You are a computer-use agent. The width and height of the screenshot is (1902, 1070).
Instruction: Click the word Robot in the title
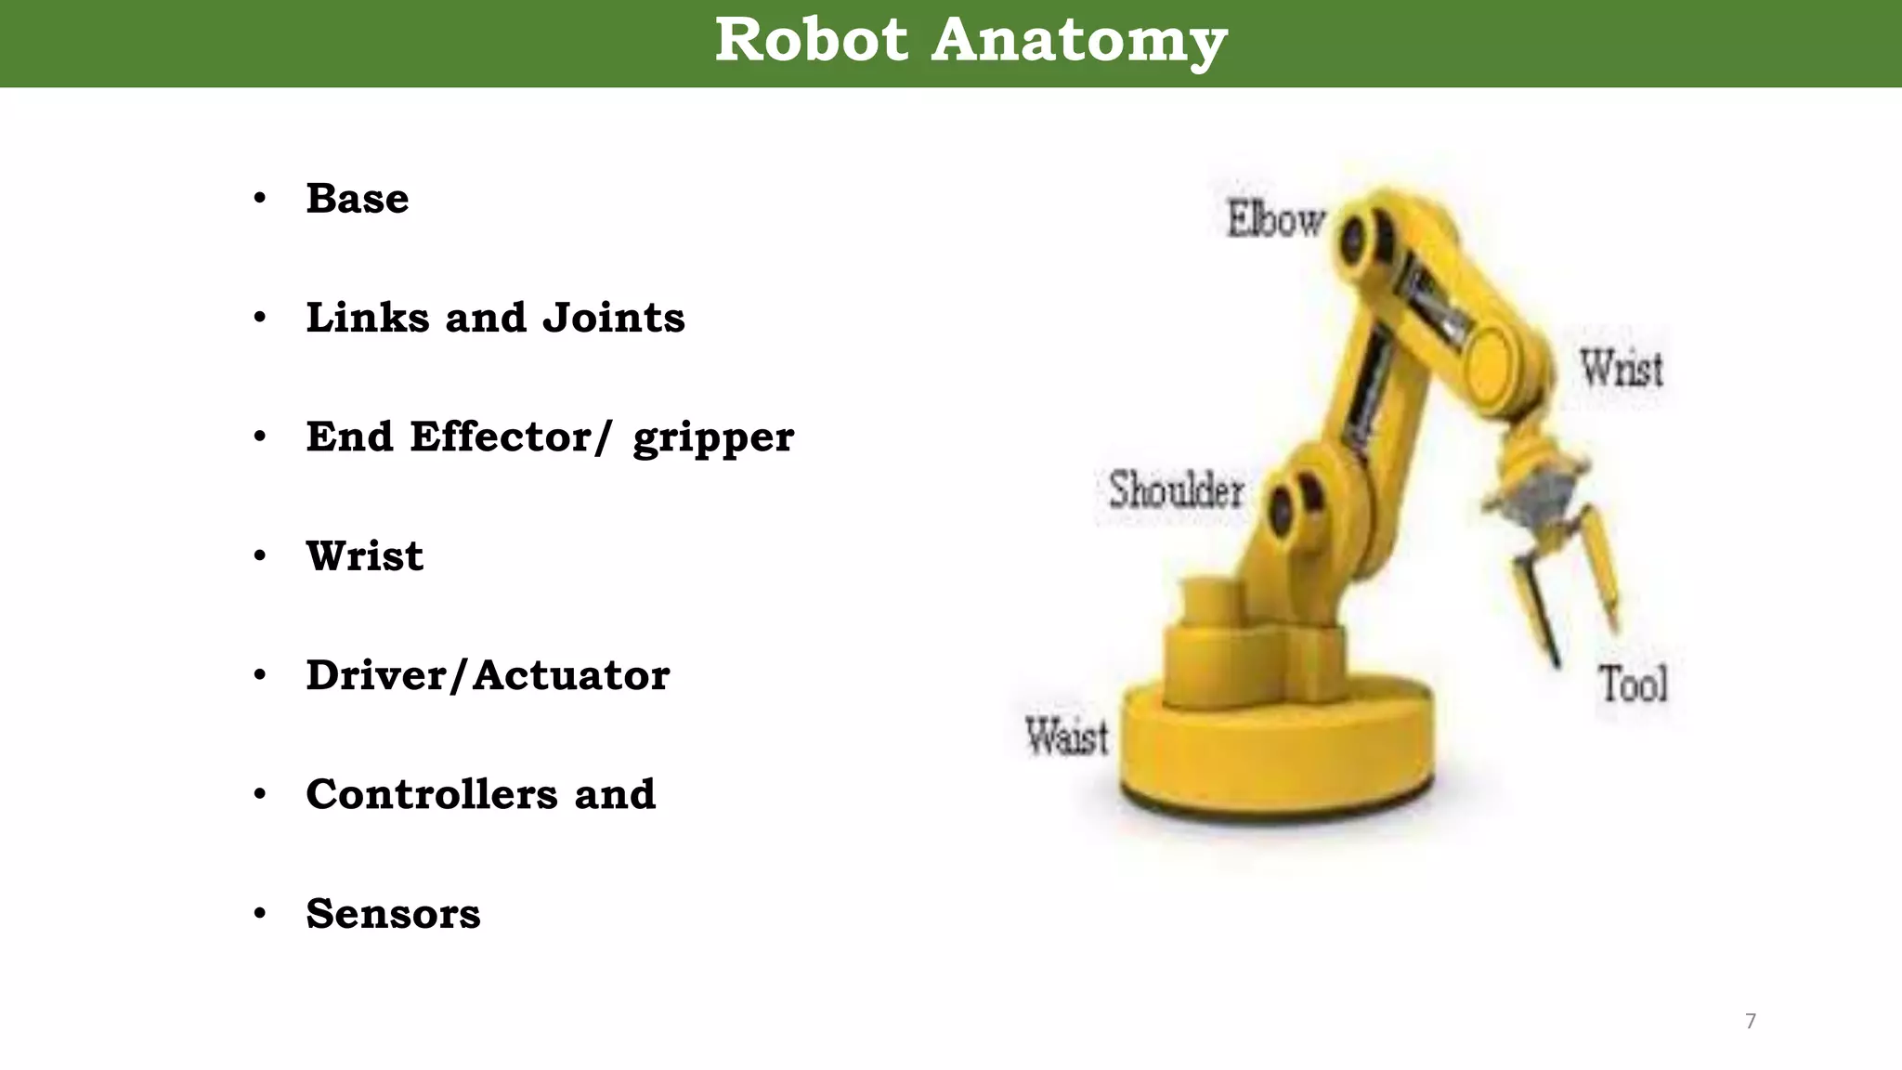(811, 41)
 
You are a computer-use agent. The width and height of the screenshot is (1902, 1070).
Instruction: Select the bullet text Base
(358, 199)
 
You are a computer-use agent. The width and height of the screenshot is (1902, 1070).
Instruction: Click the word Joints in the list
(614, 318)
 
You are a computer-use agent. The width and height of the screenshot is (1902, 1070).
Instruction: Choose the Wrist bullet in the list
(365, 556)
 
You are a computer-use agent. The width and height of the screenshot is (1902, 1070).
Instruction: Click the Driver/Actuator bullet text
(488, 675)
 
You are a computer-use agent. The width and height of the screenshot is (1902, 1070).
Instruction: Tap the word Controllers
(432, 794)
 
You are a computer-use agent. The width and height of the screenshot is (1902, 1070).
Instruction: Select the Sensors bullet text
(393, 914)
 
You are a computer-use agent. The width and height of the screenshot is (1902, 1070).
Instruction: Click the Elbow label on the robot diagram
(1275, 220)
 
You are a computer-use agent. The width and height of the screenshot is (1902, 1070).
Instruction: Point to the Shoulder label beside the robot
(1177, 490)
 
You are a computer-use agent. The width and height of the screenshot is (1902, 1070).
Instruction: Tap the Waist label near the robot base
(1066, 737)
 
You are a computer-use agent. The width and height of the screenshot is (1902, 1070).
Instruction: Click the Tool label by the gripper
(1633, 685)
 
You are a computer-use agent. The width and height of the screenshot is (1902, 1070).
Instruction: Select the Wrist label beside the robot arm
(1622, 369)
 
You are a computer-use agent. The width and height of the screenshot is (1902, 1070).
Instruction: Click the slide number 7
(1751, 1022)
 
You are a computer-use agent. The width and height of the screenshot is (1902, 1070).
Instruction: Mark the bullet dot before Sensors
(260, 914)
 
